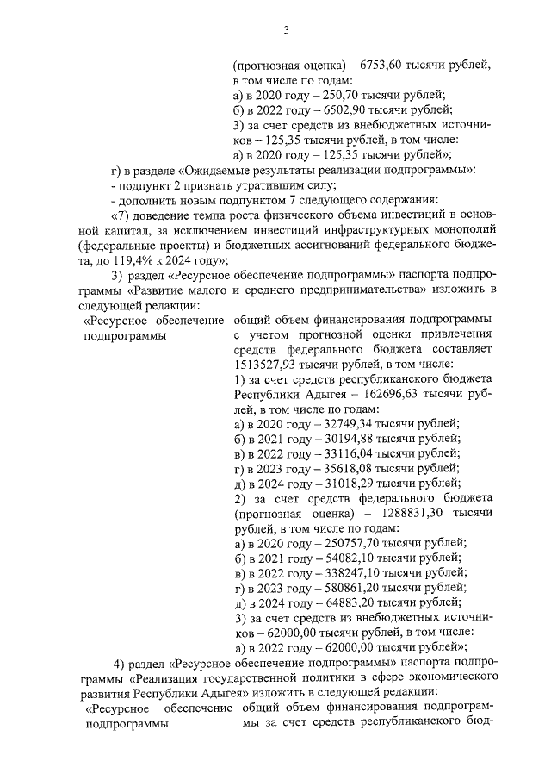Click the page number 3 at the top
coord(285,32)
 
